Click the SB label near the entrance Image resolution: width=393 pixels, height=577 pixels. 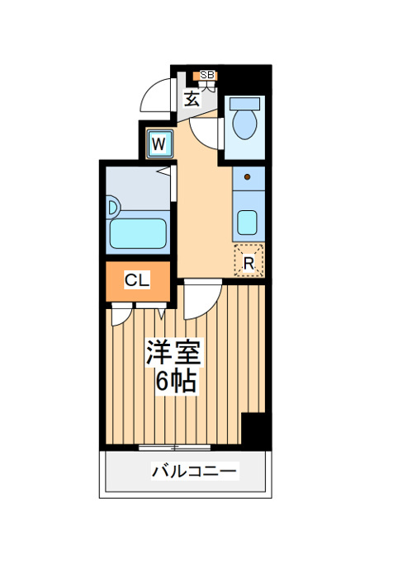point(206,75)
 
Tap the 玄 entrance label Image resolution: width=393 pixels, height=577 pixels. point(192,99)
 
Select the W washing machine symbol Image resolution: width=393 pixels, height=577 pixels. point(159,144)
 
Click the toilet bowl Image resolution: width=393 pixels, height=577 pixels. point(244,124)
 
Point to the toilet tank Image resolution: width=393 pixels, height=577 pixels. point(244,103)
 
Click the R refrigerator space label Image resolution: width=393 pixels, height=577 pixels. point(249,264)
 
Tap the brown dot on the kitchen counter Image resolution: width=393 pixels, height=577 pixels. point(248,177)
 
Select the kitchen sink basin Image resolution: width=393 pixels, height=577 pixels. point(247,222)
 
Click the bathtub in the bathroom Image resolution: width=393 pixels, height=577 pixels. point(138,233)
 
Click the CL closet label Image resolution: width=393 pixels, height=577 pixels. point(137,280)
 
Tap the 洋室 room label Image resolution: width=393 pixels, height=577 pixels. point(174,353)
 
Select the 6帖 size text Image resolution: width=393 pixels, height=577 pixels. point(176,381)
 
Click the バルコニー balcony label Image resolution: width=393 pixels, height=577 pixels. point(194,471)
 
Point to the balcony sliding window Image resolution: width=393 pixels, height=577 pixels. point(175,448)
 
